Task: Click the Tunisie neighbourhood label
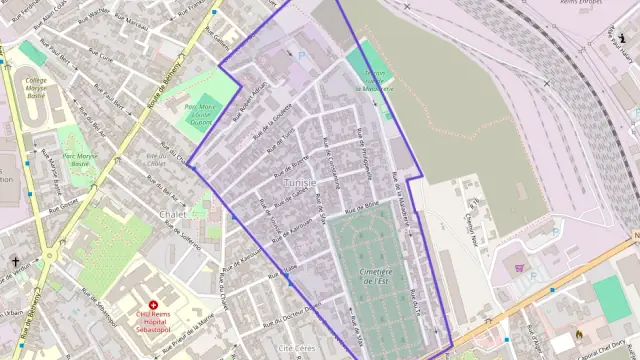pos(299,183)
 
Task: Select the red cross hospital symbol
pos(153,304)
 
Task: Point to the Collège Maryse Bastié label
pos(36,91)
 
